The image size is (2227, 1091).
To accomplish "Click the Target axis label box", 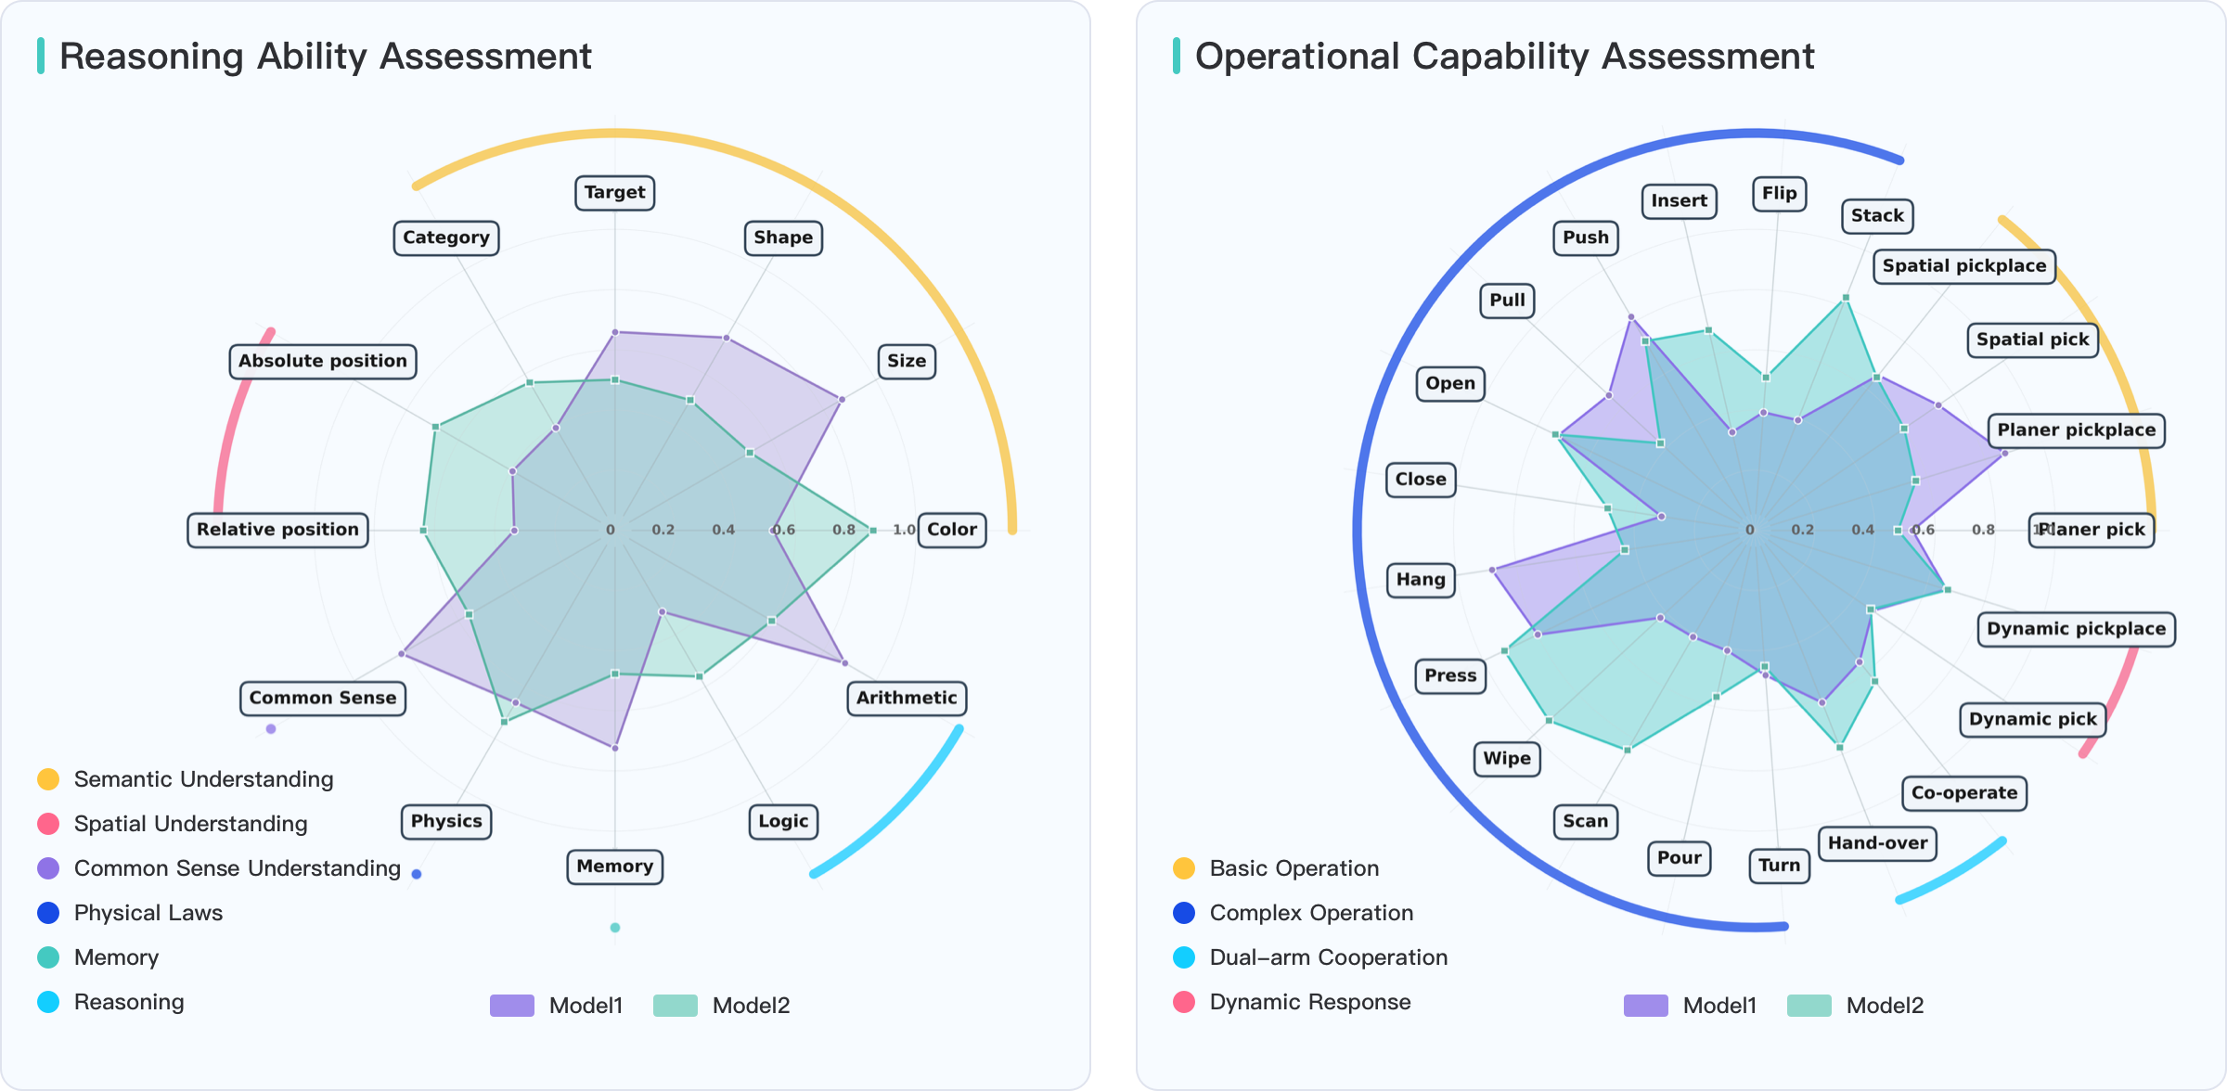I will [614, 193].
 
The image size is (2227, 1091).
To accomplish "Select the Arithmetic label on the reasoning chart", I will [906, 698].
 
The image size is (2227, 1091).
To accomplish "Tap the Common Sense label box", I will [322, 698].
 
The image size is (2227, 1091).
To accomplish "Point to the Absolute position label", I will [322, 361].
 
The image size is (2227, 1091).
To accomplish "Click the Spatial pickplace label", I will [1963, 266].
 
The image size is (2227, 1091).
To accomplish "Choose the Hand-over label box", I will [1877, 843].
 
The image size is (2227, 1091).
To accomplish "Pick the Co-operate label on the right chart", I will [1963, 793].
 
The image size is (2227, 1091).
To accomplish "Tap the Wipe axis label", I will [1506, 759].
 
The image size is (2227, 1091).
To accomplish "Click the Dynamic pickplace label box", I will [2076, 629].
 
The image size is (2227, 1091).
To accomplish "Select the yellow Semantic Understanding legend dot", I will [48, 779].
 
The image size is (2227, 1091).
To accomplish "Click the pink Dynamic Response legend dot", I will [1184, 1002].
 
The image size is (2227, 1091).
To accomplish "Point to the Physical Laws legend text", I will [148, 913].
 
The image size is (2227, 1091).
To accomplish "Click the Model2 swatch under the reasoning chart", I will [676, 1006].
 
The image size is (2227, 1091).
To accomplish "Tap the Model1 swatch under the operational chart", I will [1646, 1006].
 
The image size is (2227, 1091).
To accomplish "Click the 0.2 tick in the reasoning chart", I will [663, 530].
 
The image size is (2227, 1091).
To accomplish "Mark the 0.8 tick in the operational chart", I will [1983, 530].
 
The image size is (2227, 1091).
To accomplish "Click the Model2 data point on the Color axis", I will [872, 531].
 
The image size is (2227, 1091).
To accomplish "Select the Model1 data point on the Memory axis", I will [615, 748].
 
